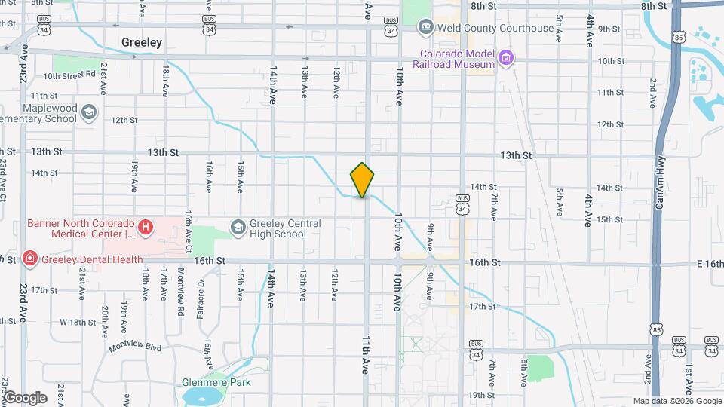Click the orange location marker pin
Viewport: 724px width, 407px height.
(x=362, y=180)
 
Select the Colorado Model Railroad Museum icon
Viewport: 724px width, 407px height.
(x=506, y=57)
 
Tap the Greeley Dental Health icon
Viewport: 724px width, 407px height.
(x=29, y=259)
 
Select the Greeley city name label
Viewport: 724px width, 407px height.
(x=142, y=43)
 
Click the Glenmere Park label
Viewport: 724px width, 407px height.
(x=216, y=382)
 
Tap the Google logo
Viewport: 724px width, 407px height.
(x=25, y=397)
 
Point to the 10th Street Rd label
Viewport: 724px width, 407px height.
(x=69, y=75)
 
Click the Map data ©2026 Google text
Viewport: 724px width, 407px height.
(x=676, y=401)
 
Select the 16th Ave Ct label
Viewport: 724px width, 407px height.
(x=189, y=233)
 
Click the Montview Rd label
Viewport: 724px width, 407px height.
(x=181, y=291)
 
